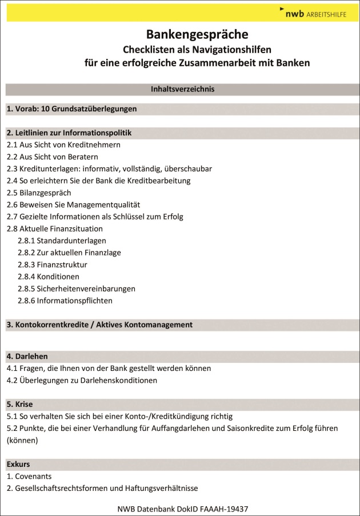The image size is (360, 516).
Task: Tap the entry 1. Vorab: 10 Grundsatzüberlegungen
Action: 72,109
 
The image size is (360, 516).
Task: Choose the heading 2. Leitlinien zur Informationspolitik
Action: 69,133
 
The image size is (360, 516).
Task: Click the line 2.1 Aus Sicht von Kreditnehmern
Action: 63,145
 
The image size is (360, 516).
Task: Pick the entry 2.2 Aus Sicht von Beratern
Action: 53,157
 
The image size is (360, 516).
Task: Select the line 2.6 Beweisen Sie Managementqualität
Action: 73,205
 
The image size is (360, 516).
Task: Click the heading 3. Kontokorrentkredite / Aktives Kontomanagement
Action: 100,325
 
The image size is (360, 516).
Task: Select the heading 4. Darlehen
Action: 27,356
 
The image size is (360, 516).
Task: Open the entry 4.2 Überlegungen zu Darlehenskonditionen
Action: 82,380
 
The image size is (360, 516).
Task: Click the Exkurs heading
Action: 18,464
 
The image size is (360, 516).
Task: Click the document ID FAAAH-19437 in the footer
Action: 225,508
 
